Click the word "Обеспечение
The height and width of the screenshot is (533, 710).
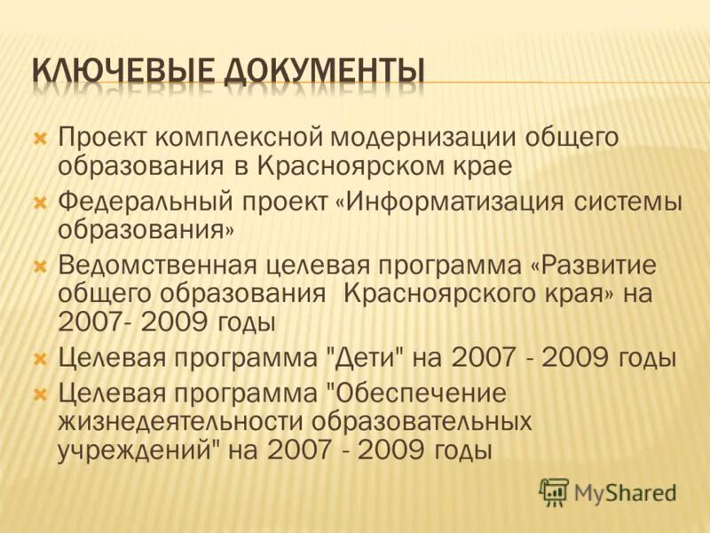tap(412, 393)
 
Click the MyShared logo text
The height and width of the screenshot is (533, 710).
tap(625, 491)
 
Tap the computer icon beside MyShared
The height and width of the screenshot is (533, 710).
tap(554, 491)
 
